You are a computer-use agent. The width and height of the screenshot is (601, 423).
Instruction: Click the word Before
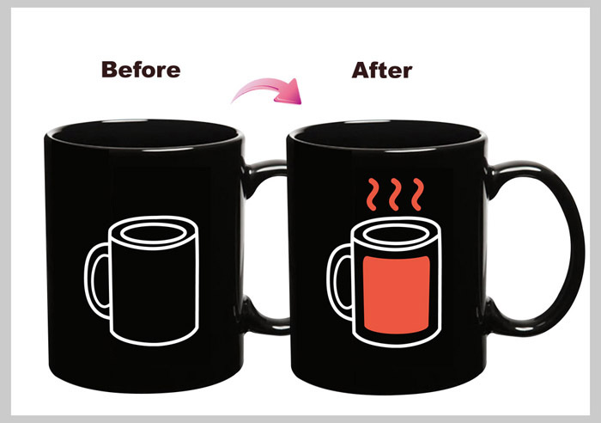pyautogui.click(x=141, y=70)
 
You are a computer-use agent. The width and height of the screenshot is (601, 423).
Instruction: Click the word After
pyautogui.click(x=382, y=70)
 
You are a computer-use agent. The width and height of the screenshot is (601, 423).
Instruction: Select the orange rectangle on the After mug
pyautogui.click(x=397, y=294)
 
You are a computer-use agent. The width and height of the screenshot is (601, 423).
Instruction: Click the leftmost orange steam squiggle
pyautogui.click(x=372, y=194)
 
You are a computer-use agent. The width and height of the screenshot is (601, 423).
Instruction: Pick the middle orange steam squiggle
pyautogui.click(x=395, y=194)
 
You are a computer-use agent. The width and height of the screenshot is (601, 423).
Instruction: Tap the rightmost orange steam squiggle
pyautogui.click(x=418, y=194)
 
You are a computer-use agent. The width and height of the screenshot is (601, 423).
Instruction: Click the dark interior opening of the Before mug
pyautogui.click(x=143, y=134)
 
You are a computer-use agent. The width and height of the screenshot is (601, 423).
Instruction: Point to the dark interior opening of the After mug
pyautogui.click(x=386, y=135)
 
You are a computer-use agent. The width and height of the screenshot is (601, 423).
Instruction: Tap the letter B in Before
pyautogui.click(x=109, y=70)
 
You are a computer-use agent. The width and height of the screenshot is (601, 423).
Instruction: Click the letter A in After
pyautogui.click(x=361, y=70)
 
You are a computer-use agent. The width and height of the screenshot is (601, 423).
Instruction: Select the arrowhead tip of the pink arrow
pyautogui.click(x=301, y=104)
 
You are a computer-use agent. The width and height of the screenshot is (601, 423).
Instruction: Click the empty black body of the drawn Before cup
pyautogui.click(x=154, y=291)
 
